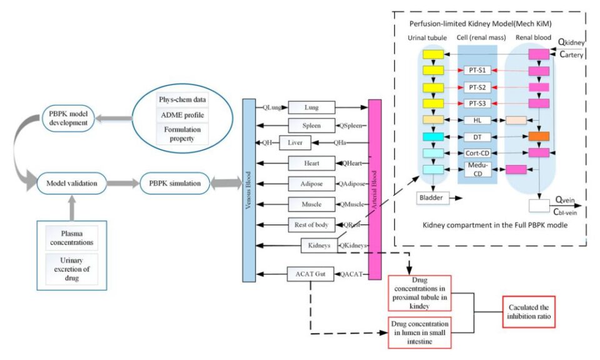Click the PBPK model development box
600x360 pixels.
[x=68, y=118]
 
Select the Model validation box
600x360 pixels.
[x=71, y=183]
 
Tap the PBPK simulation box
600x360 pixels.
[x=175, y=183]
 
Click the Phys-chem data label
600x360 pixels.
[x=182, y=99]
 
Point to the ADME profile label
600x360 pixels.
[x=182, y=115]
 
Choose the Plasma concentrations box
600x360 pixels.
[x=71, y=238]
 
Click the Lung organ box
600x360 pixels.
[x=311, y=107]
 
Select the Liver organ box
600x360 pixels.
[x=295, y=142]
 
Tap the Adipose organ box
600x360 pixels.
[x=311, y=184]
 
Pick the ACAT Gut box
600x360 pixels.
[x=311, y=274]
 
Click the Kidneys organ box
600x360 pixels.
[x=319, y=245]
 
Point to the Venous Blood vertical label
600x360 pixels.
[x=248, y=190]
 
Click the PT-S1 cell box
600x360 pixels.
[x=477, y=70]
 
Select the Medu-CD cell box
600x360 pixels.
[x=477, y=169]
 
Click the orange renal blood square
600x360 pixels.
[x=539, y=136]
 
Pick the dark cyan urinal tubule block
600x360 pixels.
[x=433, y=137]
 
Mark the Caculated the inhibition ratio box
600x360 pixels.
[x=529, y=312]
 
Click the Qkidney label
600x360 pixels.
[x=571, y=42]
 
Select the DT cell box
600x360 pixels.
[x=477, y=137]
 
